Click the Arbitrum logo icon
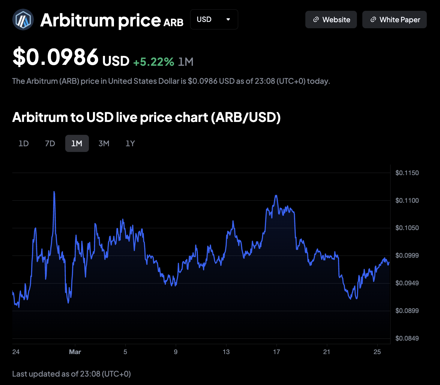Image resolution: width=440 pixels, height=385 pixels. tap(23, 20)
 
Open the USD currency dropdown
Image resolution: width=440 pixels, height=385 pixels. tap(214, 20)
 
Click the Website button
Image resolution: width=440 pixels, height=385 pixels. tap(331, 20)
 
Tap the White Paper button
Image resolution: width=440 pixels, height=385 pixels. tap(394, 20)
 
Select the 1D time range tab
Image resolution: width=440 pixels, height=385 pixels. tap(24, 144)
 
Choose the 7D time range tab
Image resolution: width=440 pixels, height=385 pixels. tap(50, 144)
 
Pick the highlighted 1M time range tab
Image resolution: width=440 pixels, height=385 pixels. tap(77, 144)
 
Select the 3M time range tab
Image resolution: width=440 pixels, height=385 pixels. tap(104, 144)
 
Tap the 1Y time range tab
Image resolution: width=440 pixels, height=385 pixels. tap(130, 144)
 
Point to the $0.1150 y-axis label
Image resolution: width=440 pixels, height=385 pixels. tap(407, 173)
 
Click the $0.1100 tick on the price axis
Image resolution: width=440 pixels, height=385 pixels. tap(407, 201)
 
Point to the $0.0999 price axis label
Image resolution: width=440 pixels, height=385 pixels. tap(407, 256)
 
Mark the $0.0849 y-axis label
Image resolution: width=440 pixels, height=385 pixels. tap(407, 338)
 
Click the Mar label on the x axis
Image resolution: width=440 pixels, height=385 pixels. tap(75, 352)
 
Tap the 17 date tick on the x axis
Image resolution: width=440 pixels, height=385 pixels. tap(276, 352)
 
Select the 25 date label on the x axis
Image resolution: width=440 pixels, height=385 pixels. tap(377, 352)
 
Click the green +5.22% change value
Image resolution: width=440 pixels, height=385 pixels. tap(154, 62)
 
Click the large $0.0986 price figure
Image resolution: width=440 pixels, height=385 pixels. tap(56, 57)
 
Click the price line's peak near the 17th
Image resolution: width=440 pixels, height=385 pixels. tap(276, 196)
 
